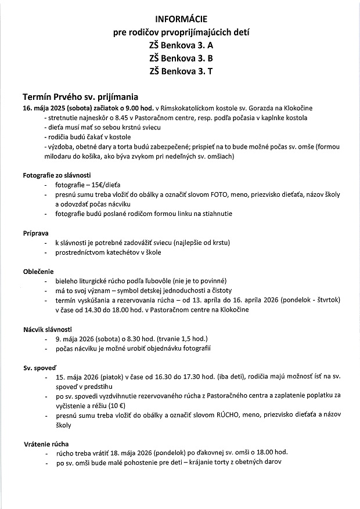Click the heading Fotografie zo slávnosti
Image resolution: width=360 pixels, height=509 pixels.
click(x=57, y=175)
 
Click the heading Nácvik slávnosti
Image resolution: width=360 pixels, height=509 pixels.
click(x=48, y=329)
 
